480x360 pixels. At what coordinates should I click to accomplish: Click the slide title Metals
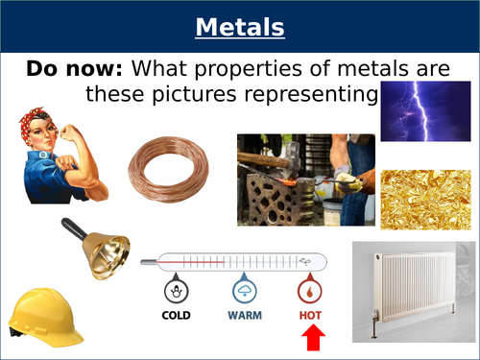coord(240,28)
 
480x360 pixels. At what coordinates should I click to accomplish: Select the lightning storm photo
coord(426,110)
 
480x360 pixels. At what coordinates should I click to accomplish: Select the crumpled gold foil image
coord(426,198)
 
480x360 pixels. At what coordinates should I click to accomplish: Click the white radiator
coord(415,289)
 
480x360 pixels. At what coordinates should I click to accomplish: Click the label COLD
coord(176,315)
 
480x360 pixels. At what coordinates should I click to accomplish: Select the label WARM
coord(245,315)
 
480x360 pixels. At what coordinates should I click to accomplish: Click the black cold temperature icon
coord(176,291)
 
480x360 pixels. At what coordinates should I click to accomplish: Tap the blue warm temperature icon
coord(245,291)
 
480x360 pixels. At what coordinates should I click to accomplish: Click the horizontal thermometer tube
coord(235,259)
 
